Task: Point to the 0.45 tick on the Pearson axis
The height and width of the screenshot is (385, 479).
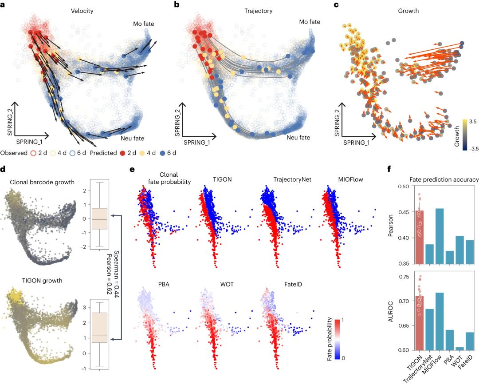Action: [x=401, y=200]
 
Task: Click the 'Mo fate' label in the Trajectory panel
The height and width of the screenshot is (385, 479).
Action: [x=309, y=22]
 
